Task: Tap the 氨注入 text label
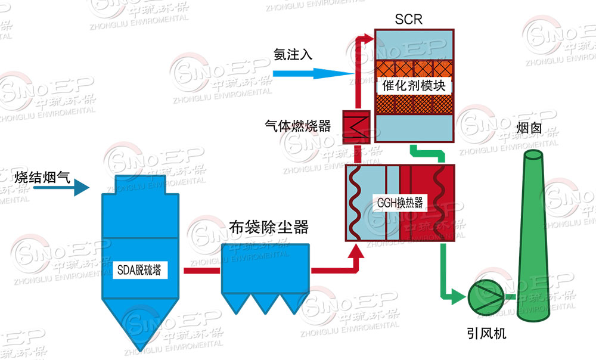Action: [x=293, y=54]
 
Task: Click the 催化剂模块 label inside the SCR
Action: [x=414, y=85]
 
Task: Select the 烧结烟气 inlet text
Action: [x=42, y=176]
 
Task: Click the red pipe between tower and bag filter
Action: [x=202, y=271]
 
